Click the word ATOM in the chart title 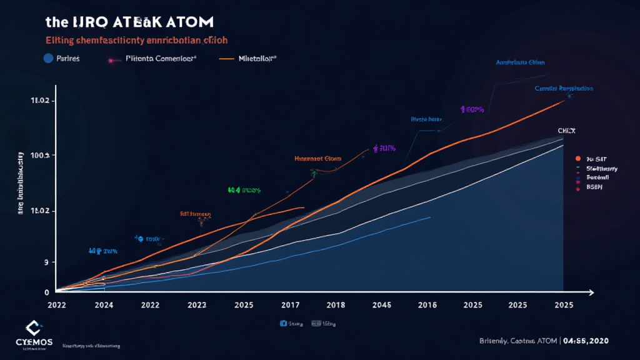point(187,22)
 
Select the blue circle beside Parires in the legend point(47,59)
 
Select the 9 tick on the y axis point(46,263)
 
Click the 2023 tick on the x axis point(197,306)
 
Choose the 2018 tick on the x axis point(336,306)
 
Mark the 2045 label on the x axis point(381,306)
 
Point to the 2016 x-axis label point(426,306)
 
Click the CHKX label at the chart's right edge point(567,131)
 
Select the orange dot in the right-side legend point(579,159)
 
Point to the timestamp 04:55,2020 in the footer point(585,341)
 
